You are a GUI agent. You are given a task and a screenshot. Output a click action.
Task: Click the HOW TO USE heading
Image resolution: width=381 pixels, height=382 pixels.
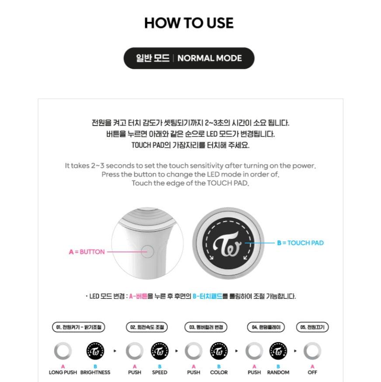(x=189, y=23)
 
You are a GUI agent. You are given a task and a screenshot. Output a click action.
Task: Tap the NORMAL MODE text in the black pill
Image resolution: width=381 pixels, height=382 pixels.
(x=209, y=58)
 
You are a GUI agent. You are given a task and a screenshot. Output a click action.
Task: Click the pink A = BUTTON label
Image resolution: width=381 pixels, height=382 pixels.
(x=87, y=252)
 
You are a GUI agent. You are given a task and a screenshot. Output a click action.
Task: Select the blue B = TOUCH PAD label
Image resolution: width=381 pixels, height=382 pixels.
(x=301, y=243)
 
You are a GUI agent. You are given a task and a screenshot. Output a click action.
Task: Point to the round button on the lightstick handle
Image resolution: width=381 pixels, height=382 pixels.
(x=147, y=252)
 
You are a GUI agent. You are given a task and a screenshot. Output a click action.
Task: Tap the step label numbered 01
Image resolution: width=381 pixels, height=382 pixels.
(x=79, y=327)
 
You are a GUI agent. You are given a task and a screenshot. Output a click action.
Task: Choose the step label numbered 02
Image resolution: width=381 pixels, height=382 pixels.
(x=147, y=327)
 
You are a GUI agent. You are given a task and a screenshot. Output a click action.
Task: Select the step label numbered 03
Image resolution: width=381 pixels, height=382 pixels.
(x=206, y=327)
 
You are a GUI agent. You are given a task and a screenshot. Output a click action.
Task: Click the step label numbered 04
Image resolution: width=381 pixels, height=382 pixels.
(x=266, y=327)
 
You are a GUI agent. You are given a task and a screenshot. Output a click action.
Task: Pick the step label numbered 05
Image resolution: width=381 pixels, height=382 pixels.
(x=312, y=327)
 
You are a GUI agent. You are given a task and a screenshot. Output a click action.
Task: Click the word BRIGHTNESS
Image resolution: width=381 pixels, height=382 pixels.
(x=95, y=372)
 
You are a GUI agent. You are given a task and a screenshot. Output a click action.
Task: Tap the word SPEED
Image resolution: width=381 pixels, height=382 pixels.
(x=159, y=372)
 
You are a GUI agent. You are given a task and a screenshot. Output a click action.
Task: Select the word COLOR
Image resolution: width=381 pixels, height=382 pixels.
(x=219, y=372)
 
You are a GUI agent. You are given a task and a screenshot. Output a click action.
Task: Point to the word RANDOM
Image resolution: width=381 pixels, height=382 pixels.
(x=278, y=372)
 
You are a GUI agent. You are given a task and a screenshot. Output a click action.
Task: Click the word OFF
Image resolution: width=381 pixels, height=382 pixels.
(x=312, y=372)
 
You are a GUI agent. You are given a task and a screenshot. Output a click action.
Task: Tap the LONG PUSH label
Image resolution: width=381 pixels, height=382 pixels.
(x=63, y=372)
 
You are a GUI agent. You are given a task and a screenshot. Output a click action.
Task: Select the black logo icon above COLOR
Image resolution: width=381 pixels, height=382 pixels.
(x=219, y=351)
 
